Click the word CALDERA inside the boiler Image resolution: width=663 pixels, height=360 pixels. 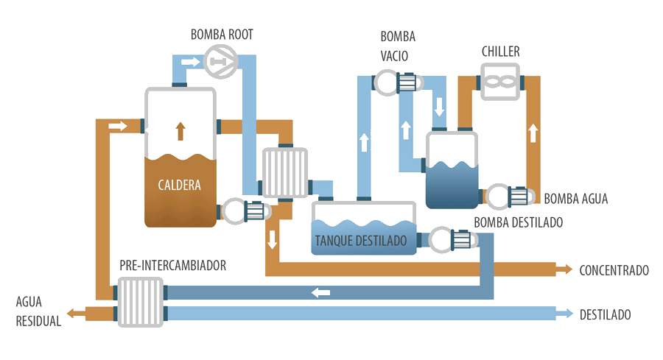click(x=180, y=184)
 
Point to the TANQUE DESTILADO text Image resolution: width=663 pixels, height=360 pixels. click(x=360, y=240)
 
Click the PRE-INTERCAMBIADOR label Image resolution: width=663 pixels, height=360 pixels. click(x=173, y=265)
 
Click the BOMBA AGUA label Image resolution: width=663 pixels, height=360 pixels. click(x=576, y=199)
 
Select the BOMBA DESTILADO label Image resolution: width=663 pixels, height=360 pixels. click(x=519, y=222)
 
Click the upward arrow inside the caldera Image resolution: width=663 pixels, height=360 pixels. click(x=180, y=130)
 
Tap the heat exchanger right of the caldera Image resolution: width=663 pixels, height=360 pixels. click(x=284, y=172)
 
